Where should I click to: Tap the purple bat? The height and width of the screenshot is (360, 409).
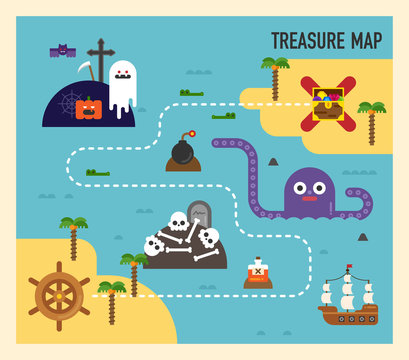(x=62, y=50)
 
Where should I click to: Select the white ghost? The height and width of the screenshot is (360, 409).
(x=122, y=86)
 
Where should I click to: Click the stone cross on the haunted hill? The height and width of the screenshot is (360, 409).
(x=100, y=58)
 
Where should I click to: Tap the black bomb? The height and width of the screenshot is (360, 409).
(x=182, y=151)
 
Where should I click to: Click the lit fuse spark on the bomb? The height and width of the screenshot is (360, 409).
(x=191, y=133)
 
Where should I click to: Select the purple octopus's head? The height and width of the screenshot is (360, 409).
(x=309, y=190)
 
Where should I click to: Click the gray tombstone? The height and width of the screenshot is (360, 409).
(x=197, y=216)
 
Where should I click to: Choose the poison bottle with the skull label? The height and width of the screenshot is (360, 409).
(x=258, y=272)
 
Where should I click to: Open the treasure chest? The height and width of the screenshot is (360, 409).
(x=328, y=103)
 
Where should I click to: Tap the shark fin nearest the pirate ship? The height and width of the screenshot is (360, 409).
(x=362, y=237)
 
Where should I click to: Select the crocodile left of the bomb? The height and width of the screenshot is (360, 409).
(x=97, y=173)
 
